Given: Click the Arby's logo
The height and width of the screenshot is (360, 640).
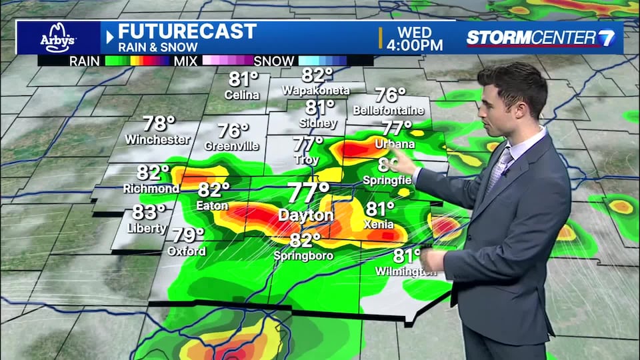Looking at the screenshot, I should coord(59,37).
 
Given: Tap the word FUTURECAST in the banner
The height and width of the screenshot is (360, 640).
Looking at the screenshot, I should coord(187,31).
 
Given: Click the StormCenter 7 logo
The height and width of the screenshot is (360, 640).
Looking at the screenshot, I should coord(540,37).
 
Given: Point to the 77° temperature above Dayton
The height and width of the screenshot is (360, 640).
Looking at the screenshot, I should coord(309,193).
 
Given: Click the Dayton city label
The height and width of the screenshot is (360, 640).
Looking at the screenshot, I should coord(306,216).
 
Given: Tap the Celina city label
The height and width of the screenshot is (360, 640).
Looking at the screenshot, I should coord(242,95).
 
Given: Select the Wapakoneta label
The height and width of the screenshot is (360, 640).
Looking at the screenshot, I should coord(317,90).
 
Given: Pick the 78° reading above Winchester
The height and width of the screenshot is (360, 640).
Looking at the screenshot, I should coord(159,124).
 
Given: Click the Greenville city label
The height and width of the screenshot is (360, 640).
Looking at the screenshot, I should coord(232,146).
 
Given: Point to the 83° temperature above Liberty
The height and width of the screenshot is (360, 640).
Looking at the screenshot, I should coord(148,213).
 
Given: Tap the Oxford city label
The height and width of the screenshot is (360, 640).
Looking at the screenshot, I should coord(187,251).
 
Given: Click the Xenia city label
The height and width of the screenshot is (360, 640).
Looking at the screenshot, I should coord(378,225).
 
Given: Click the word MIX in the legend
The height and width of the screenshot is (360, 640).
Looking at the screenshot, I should coord(180,61).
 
